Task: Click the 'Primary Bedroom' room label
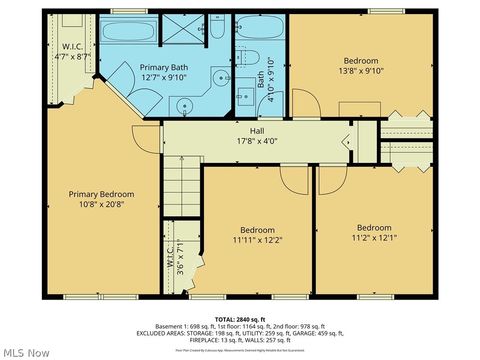click(x=101, y=194)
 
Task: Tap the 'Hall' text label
click(x=257, y=130)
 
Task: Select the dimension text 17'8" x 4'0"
click(x=257, y=141)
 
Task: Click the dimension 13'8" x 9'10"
click(x=360, y=70)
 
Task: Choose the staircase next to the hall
click(x=182, y=188)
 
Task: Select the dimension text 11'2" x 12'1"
click(x=374, y=238)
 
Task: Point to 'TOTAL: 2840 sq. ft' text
click(x=240, y=319)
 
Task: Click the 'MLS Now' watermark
click(x=24, y=351)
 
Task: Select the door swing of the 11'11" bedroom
click(x=294, y=180)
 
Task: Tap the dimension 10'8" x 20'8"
click(x=101, y=205)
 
